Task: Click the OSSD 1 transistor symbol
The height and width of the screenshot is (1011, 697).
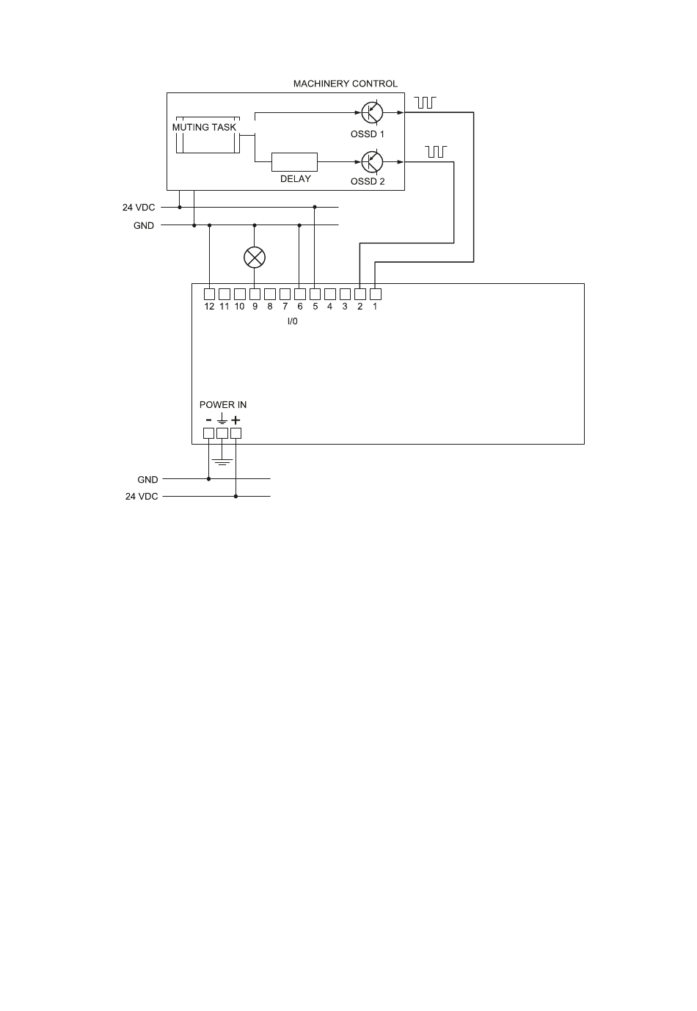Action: (372, 112)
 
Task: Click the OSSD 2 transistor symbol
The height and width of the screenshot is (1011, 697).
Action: (372, 161)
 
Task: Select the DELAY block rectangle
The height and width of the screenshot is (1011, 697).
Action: (294, 161)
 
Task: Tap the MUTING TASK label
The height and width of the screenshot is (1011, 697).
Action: (204, 127)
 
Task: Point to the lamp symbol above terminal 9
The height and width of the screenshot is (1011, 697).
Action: (255, 257)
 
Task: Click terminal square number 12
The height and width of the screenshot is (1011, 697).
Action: (209, 293)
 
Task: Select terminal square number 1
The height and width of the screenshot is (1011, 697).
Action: (375, 293)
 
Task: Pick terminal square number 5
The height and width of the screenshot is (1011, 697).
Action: (315, 293)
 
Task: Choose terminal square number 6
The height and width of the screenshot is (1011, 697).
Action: (299, 293)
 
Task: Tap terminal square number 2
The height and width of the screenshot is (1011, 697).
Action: (360, 293)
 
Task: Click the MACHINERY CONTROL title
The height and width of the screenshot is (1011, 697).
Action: (345, 84)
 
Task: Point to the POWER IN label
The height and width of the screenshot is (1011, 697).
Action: (223, 404)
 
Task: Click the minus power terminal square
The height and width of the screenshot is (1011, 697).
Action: (208, 433)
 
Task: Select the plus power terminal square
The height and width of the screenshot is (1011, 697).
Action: (236, 433)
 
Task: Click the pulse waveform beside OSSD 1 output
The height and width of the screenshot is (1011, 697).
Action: (426, 102)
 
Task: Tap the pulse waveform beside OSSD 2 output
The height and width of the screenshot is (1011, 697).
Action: (436, 151)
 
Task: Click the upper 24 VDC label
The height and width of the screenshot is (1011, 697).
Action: (139, 208)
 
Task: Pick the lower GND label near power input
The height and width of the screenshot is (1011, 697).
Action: (147, 479)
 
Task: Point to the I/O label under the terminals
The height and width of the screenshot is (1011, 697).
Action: (292, 321)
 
